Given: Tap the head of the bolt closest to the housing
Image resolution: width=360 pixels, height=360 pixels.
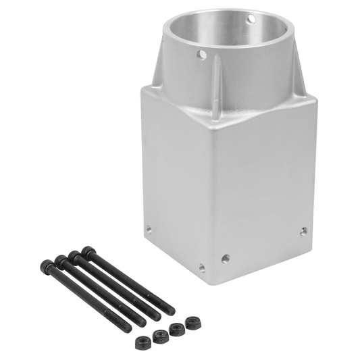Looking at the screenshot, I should click(x=87, y=251).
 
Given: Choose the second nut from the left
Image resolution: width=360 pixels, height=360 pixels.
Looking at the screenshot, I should click(x=160, y=336).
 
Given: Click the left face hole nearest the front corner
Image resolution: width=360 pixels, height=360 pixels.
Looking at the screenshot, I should click(x=201, y=267).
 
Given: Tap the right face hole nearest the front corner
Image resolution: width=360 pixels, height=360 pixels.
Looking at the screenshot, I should click(x=225, y=258).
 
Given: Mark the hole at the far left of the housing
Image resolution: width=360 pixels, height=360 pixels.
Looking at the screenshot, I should click(x=149, y=229).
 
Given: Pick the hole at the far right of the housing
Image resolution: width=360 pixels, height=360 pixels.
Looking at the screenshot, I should click(x=303, y=231).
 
